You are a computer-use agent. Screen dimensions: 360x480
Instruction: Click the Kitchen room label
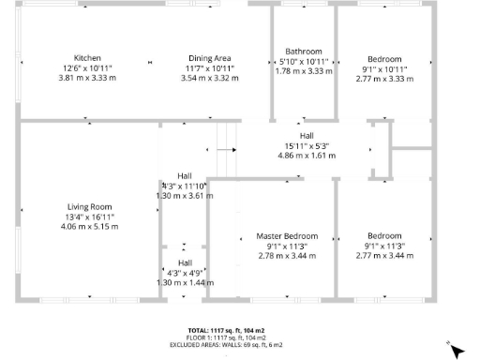[87, 58]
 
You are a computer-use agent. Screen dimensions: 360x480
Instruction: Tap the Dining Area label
[210, 58]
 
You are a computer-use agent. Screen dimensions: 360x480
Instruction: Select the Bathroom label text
[304, 52]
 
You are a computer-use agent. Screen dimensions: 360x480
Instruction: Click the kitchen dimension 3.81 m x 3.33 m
[87, 79]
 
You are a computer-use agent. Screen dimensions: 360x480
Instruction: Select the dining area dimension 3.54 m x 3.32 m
[210, 79]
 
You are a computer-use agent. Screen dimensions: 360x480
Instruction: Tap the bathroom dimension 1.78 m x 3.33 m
[304, 71]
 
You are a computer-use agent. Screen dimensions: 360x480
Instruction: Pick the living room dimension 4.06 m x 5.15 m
[89, 227]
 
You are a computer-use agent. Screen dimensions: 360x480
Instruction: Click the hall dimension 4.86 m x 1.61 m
[307, 156]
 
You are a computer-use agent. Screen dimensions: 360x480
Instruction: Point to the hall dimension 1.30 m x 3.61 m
[185, 196]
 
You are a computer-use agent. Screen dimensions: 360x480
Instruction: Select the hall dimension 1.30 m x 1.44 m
[185, 282]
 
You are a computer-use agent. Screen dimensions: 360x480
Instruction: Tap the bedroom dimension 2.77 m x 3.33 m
[384, 79]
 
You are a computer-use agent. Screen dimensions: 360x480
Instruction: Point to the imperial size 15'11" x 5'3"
[307, 145]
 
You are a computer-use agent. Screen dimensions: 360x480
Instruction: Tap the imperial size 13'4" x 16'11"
[89, 217]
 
